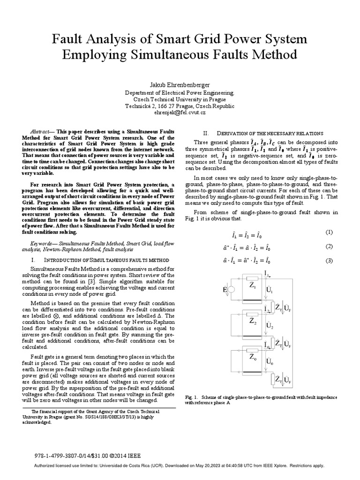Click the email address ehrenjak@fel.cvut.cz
tap(180, 113)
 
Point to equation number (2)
tap(329, 247)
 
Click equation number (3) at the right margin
tap(329, 261)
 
